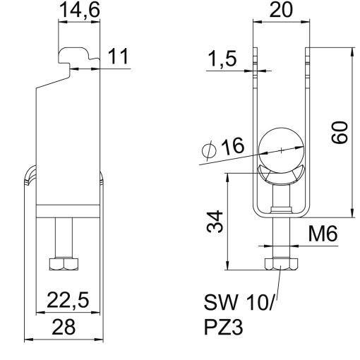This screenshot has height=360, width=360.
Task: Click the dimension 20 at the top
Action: click(280, 12)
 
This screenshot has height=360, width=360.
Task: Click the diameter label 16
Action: click(231, 148)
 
